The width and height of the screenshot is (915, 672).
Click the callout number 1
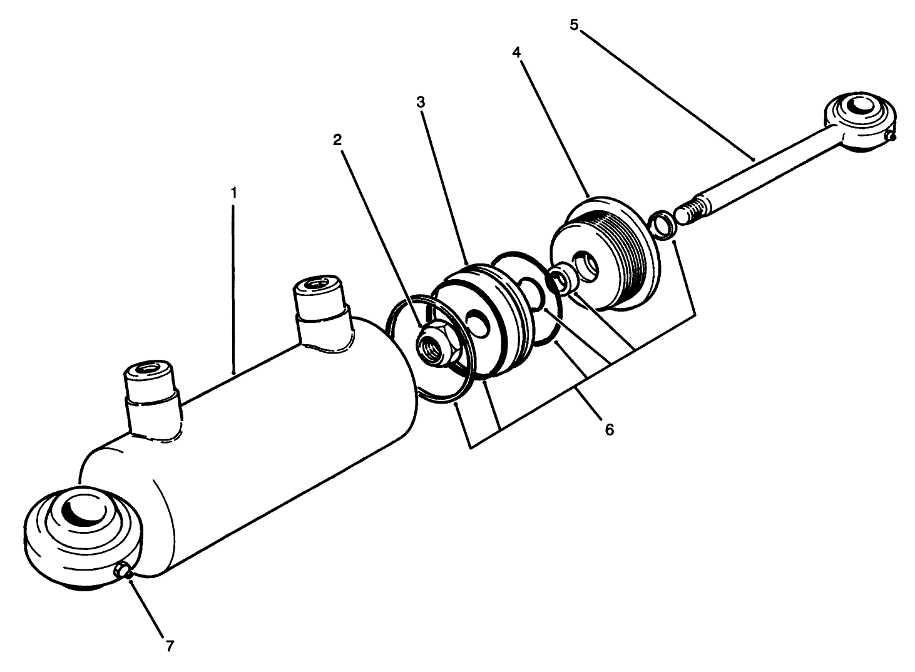[x=233, y=193]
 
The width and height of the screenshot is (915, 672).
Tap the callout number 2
[x=337, y=140]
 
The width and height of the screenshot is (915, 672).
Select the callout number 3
[x=421, y=102]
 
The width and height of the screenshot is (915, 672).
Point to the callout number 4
[x=516, y=53]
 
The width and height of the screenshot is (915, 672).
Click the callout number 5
[x=575, y=25]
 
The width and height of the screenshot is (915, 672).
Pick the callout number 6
[x=608, y=429]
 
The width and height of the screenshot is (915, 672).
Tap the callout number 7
[x=170, y=646]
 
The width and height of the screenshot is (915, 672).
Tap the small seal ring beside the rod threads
[x=661, y=225]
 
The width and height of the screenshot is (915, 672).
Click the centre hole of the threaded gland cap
[x=587, y=263]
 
